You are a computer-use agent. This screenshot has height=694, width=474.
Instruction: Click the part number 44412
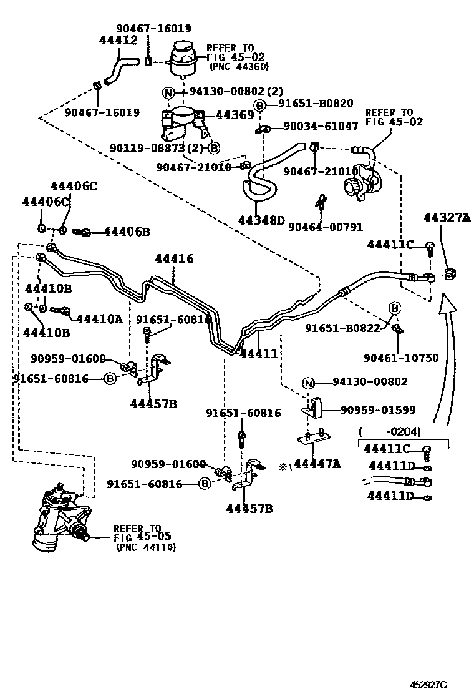118,41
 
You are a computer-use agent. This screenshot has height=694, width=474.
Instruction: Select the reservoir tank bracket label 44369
235,115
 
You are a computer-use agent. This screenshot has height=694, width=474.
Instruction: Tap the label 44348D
261,220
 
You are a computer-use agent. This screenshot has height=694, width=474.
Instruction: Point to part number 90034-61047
321,126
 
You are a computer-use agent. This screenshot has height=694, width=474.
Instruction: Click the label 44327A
447,218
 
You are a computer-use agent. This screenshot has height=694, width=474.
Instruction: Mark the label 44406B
127,232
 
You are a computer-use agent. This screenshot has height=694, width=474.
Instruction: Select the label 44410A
100,318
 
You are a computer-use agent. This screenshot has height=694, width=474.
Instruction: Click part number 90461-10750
401,358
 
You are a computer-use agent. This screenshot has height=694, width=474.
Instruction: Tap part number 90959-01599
378,410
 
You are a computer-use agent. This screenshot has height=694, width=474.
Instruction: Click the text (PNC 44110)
146,547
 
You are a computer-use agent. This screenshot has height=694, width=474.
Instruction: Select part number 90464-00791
326,228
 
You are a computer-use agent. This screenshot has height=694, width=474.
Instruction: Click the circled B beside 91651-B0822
394,308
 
